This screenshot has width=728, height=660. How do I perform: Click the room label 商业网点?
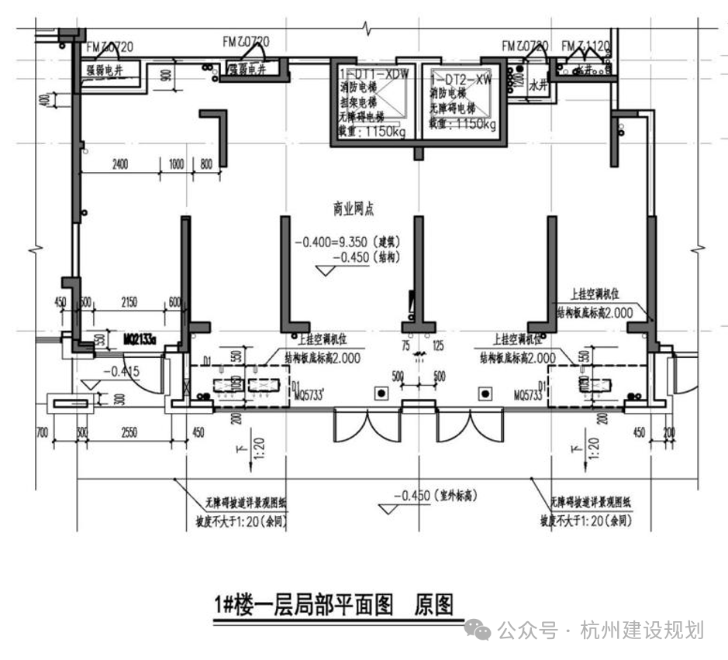click(353, 209)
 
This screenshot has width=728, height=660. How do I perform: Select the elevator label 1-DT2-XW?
click(462, 79)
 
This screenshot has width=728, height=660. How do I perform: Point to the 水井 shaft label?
click(538, 87)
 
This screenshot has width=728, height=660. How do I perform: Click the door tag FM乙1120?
click(586, 46)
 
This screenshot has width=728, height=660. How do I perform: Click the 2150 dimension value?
click(129, 301)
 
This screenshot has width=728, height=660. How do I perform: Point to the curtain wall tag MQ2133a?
click(140, 339)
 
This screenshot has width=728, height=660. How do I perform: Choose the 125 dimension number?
click(438, 345)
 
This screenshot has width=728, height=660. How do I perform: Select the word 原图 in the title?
click(433, 604)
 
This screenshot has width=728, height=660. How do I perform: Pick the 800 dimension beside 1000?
click(205, 164)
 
